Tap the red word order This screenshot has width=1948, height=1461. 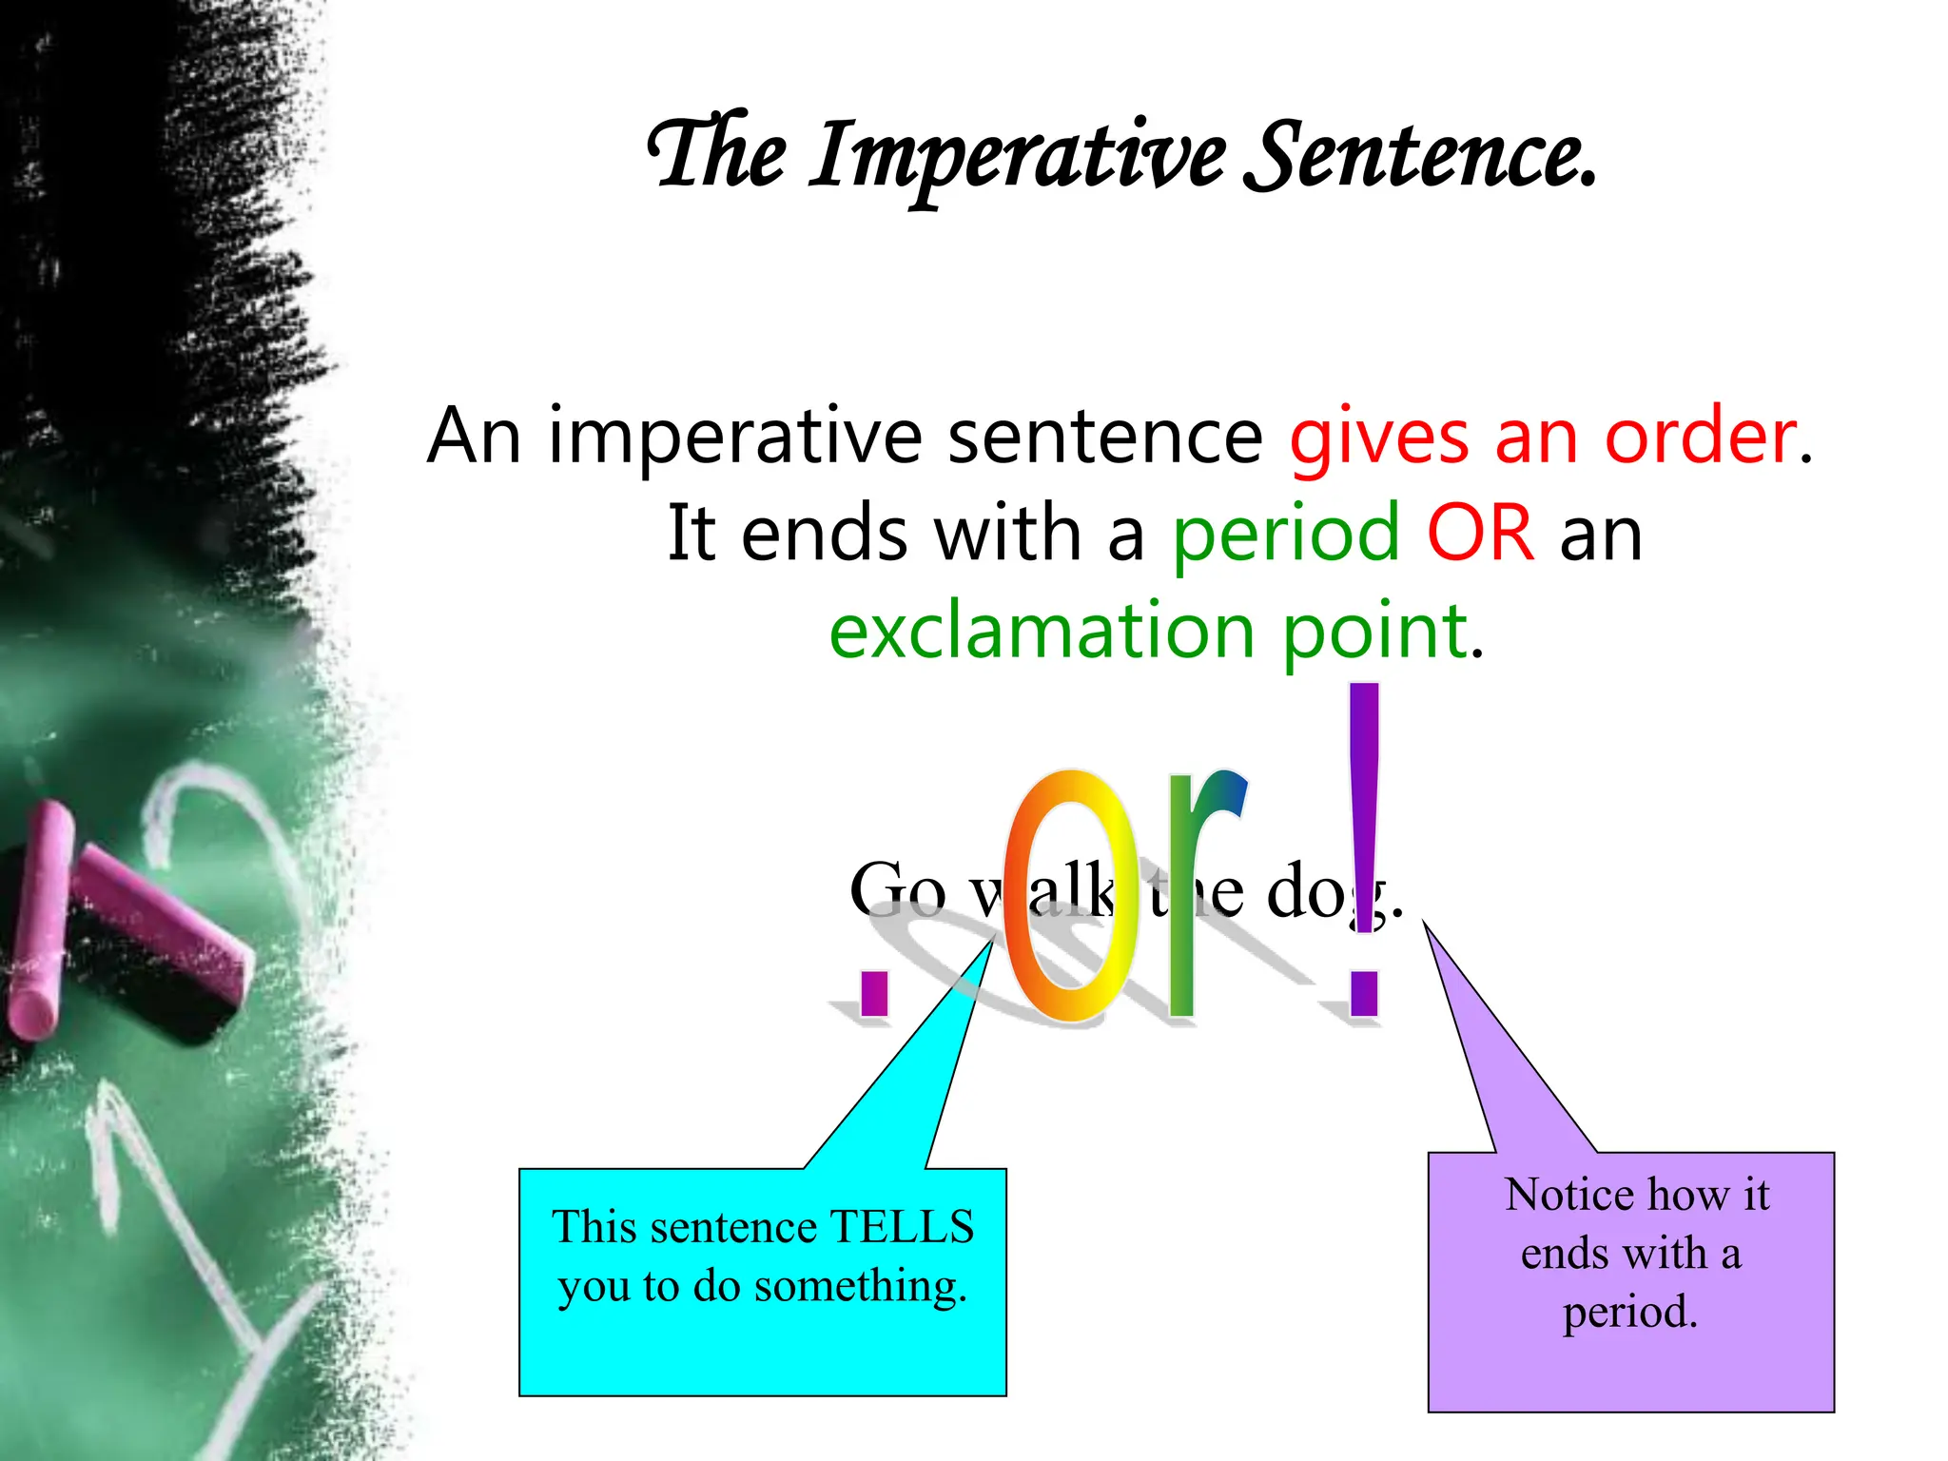tap(1701, 436)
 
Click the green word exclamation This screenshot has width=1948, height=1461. tap(1042, 632)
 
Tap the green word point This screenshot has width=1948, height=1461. tap(1374, 633)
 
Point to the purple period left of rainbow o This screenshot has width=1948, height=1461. tap(873, 993)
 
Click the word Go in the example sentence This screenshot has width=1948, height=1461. tap(897, 890)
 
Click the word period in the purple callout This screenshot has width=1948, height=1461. tap(1629, 1312)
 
